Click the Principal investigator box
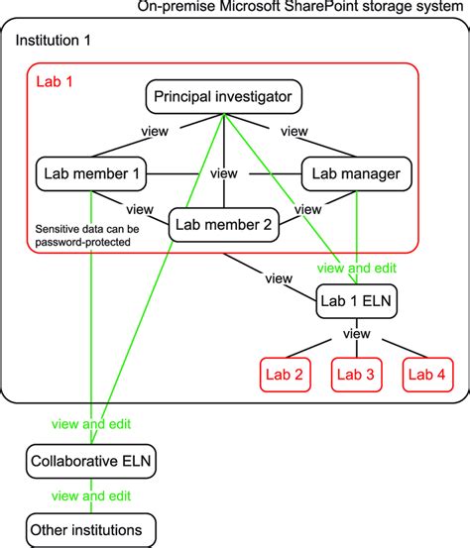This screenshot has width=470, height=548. tap(223, 97)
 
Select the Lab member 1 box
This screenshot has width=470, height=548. tap(90, 175)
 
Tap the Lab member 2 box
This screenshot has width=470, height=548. tap(223, 225)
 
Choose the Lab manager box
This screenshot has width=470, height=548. tap(356, 175)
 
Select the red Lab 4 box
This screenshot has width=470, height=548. tap(428, 374)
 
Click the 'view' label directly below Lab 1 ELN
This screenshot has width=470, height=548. tap(356, 335)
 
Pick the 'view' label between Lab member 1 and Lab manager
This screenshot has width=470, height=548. tap(223, 175)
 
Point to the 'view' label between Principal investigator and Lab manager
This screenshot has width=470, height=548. tap(294, 131)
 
